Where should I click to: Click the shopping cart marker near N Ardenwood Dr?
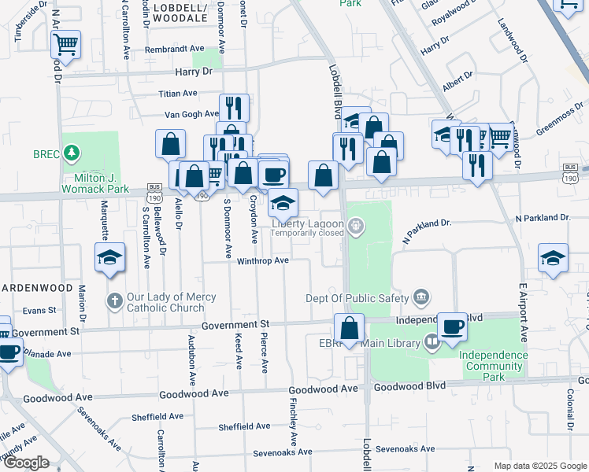coord(66,43)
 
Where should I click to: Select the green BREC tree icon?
coord(72,151)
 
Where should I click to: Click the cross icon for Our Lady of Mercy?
coord(114,301)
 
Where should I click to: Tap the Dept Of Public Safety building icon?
coord(422,297)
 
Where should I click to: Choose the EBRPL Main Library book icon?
coord(432,342)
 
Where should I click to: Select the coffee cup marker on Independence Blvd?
coord(452,326)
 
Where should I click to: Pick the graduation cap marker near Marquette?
coord(110,257)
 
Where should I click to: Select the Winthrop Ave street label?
coord(264,260)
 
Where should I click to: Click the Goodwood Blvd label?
coord(409,386)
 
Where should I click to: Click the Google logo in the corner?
coord(26,463)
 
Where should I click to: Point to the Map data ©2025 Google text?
coord(539,466)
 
